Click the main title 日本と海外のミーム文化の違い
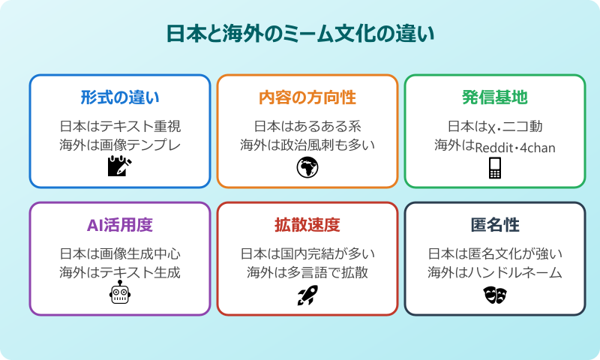pyautogui.click(x=300, y=35)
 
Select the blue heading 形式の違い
pyautogui.click(x=120, y=97)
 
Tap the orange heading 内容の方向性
pyautogui.click(x=307, y=97)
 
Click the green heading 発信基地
pyautogui.click(x=495, y=97)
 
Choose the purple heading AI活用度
pyautogui.click(x=120, y=225)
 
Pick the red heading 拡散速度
pyautogui.click(x=307, y=225)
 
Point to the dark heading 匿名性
pyautogui.click(x=495, y=225)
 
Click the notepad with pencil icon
pyautogui.click(x=120, y=166)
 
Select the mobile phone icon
pyautogui.click(x=495, y=169)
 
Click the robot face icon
pyautogui.click(x=120, y=295)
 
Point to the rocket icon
pyautogui.click(x=307, y=295)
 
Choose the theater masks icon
pyautogui.click(x=495, y=295)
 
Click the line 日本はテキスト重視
pyautogui.click(x=120, y=125)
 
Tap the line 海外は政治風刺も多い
pyautogui.click(x=307, y=145)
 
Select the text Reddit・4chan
pyautogui.click(x=516, y=147)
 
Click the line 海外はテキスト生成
pyautogui.click(x=120, y=272)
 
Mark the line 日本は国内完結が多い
pyautogui.click(x=307, y=253)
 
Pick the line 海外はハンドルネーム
pyautogui.click(x=495, y=272)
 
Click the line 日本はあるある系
pyautogui.click(x=307, y=125)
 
